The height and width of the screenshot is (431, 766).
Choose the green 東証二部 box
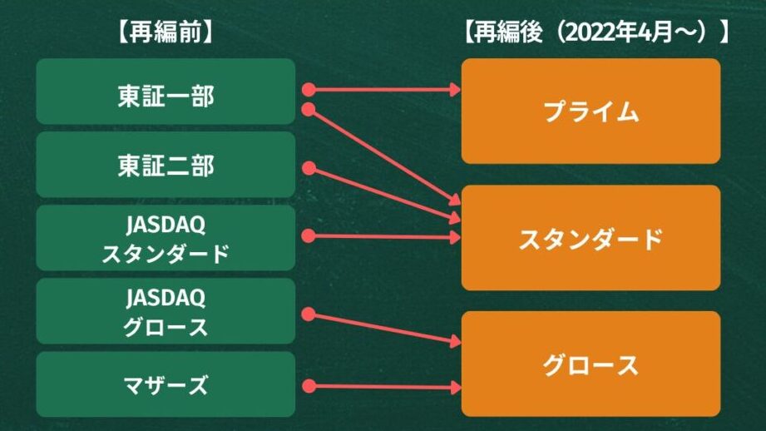pos(166,165)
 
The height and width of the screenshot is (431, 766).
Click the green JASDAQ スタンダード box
pos(166,238)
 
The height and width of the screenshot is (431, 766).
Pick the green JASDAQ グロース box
pos(166,311)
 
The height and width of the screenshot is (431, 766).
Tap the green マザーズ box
pos(166,384)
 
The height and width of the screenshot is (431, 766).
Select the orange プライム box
pos(591,111)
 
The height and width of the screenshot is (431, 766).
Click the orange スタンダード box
pos(591,238)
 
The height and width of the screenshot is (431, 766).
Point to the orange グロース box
pos(591,364)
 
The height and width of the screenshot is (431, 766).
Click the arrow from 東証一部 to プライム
pos(383,88)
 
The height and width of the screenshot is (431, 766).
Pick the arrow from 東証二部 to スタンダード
pos(383,195)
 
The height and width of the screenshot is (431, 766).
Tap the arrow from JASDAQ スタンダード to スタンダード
pos(383,236)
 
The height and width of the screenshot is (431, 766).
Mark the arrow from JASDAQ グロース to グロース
pos(383,328)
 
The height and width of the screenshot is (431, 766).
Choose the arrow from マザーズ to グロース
pos(383,386)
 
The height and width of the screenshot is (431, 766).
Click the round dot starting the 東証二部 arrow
pos(309,168)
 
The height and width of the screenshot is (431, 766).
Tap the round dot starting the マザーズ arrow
pos(309,386)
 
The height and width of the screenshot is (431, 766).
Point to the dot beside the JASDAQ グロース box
pos(309,314)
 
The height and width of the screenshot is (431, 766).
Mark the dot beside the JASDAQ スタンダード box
pos(309,236)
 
